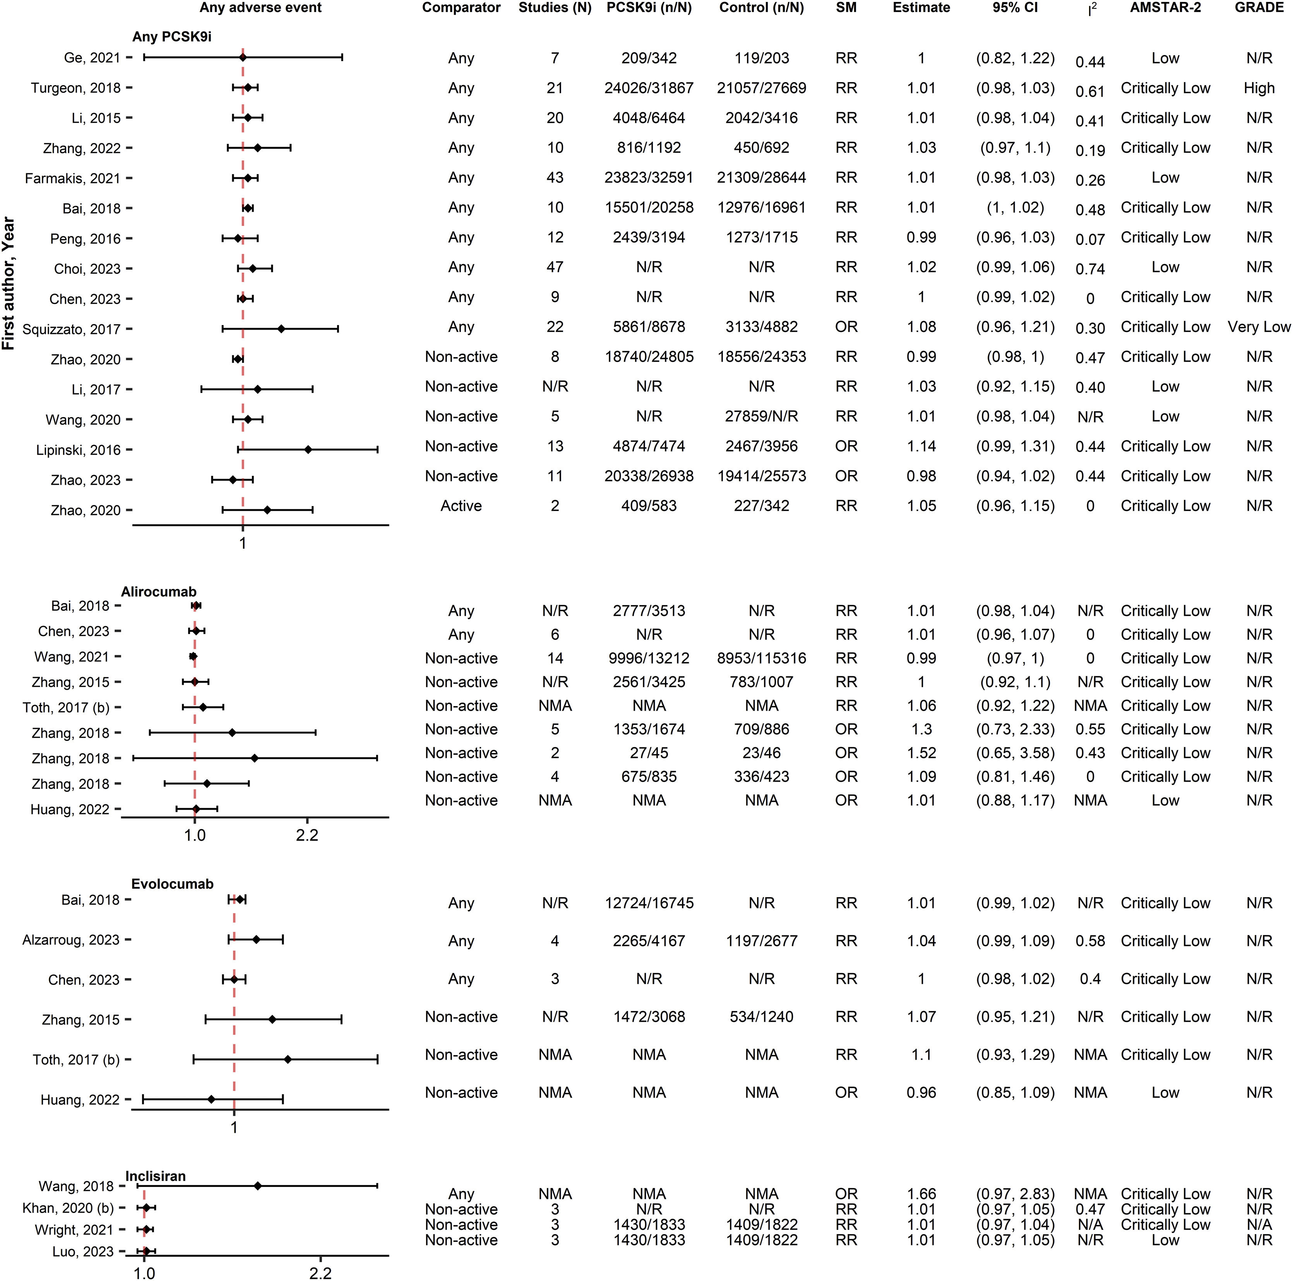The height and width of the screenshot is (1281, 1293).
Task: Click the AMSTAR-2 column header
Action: (1165, 8)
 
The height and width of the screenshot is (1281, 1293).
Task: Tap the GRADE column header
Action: (1259, 8)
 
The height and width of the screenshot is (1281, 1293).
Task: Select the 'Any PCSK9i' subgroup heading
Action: (172, 37)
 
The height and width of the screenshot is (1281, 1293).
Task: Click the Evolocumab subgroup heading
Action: (172, 884)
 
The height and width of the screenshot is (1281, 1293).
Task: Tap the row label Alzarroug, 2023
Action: (70, 940)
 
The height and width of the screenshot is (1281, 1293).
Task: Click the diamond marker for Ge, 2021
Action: (243, 58)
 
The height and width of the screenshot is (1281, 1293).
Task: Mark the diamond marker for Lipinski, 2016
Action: (308, 450)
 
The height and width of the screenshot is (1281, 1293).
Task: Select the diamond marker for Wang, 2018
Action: (258, 1186)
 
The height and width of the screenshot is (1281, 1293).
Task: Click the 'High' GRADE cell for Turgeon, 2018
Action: (1259, 88)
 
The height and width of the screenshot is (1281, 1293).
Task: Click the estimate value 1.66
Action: (921, 1194)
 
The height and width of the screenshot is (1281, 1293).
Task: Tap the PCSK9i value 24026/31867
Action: (649, 88)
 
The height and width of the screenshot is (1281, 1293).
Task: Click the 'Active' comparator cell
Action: (461, 506)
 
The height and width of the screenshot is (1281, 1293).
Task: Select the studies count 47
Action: (555, 268)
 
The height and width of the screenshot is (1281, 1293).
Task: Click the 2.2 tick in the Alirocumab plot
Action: (307, 835)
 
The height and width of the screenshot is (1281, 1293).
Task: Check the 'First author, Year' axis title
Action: (9, 283)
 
